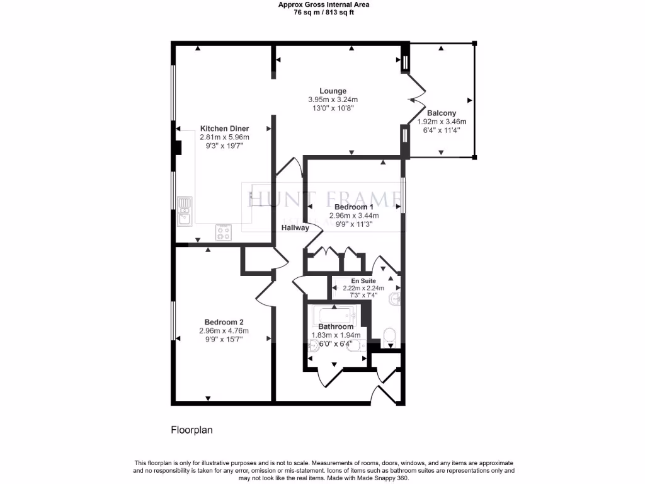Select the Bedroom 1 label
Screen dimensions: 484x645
pos(353,207)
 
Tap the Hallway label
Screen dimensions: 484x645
pos(295,228)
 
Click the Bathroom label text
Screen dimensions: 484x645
pos(335,327)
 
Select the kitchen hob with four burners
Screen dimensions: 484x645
pos(224,233)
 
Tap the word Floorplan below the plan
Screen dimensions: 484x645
pos(192,430)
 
